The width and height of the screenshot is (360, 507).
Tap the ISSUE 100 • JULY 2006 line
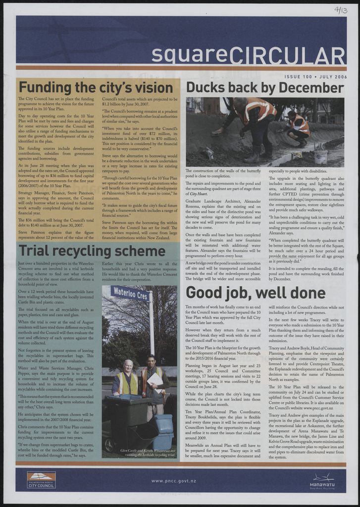pos(315,77)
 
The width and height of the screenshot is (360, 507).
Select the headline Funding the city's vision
pos(96,88)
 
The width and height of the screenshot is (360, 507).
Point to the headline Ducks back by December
pos(265,88)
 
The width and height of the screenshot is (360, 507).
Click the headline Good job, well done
pos(255,293)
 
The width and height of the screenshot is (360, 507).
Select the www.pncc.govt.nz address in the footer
pos(174,481)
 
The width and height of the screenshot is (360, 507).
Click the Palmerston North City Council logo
pos(41,480)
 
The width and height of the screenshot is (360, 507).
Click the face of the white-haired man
pos(128,367)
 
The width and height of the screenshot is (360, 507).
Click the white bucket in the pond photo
pos(320,157)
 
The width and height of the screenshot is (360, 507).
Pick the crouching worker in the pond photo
pos(299,128)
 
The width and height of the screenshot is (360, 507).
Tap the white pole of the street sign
pos(152,327)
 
